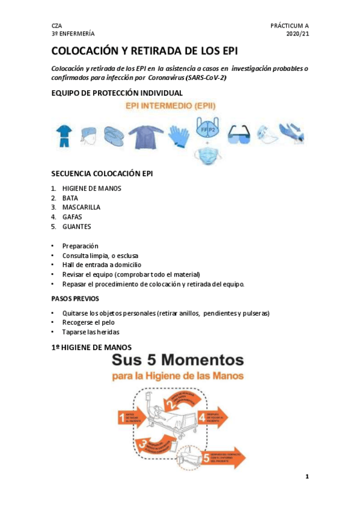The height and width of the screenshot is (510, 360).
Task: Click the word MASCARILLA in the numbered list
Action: click(x=81, y=207)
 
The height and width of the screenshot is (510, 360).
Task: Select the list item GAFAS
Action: click(x=72, y=217)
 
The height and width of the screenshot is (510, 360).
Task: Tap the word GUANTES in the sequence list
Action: click(x=76, y=227)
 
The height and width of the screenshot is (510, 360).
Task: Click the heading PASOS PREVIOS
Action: click(x=76, y=299)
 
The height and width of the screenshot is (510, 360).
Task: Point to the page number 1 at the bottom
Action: click(x=307, y=477)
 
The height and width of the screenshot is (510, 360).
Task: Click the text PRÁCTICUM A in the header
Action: click(x=290, y=26)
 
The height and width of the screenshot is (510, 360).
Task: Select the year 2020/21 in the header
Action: click(x=297, y=35)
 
